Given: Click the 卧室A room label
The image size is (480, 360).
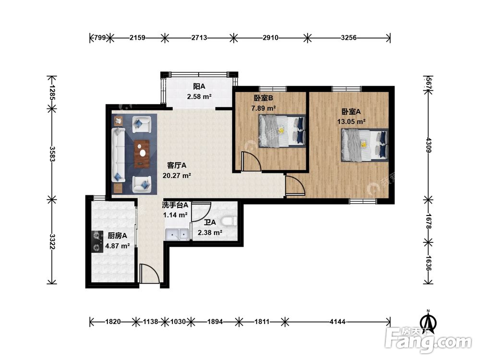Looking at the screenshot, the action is pyautogui.click(x=351, y=111).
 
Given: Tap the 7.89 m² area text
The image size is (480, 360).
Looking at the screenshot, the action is pyautogui.click(x=263, y=108).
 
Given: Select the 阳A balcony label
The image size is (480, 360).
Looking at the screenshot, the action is pyautogui.click(x=199, y=86).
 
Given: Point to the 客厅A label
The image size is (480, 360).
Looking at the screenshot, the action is pyautogui.click(x=177, y=165).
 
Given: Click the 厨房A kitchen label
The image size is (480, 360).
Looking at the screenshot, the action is pyautogui.click(x=117, y=235).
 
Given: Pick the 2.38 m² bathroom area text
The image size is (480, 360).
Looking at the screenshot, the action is pyautogui.click(x=210, y=233).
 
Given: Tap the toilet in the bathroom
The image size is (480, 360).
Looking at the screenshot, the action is pyautogui.click(x=228, y=221).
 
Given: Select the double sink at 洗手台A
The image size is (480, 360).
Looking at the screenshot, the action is pyautogui.click(x=177, y=235).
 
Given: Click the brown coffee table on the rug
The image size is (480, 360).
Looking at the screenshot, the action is pyautogui.click(x=142, y=154).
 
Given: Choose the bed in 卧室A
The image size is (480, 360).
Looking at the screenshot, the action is pyautogui.click(x=365, y=145).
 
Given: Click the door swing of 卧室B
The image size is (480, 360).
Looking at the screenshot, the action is pyautogui.click(x=251, y=161).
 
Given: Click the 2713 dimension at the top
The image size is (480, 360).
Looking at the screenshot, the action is pyautogui.click(x=199, y=37).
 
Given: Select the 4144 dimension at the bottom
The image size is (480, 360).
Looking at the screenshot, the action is pyautogui.click(x=337, y=322).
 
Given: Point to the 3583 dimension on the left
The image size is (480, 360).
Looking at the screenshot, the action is pyautogui.click(x=52, y=154).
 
